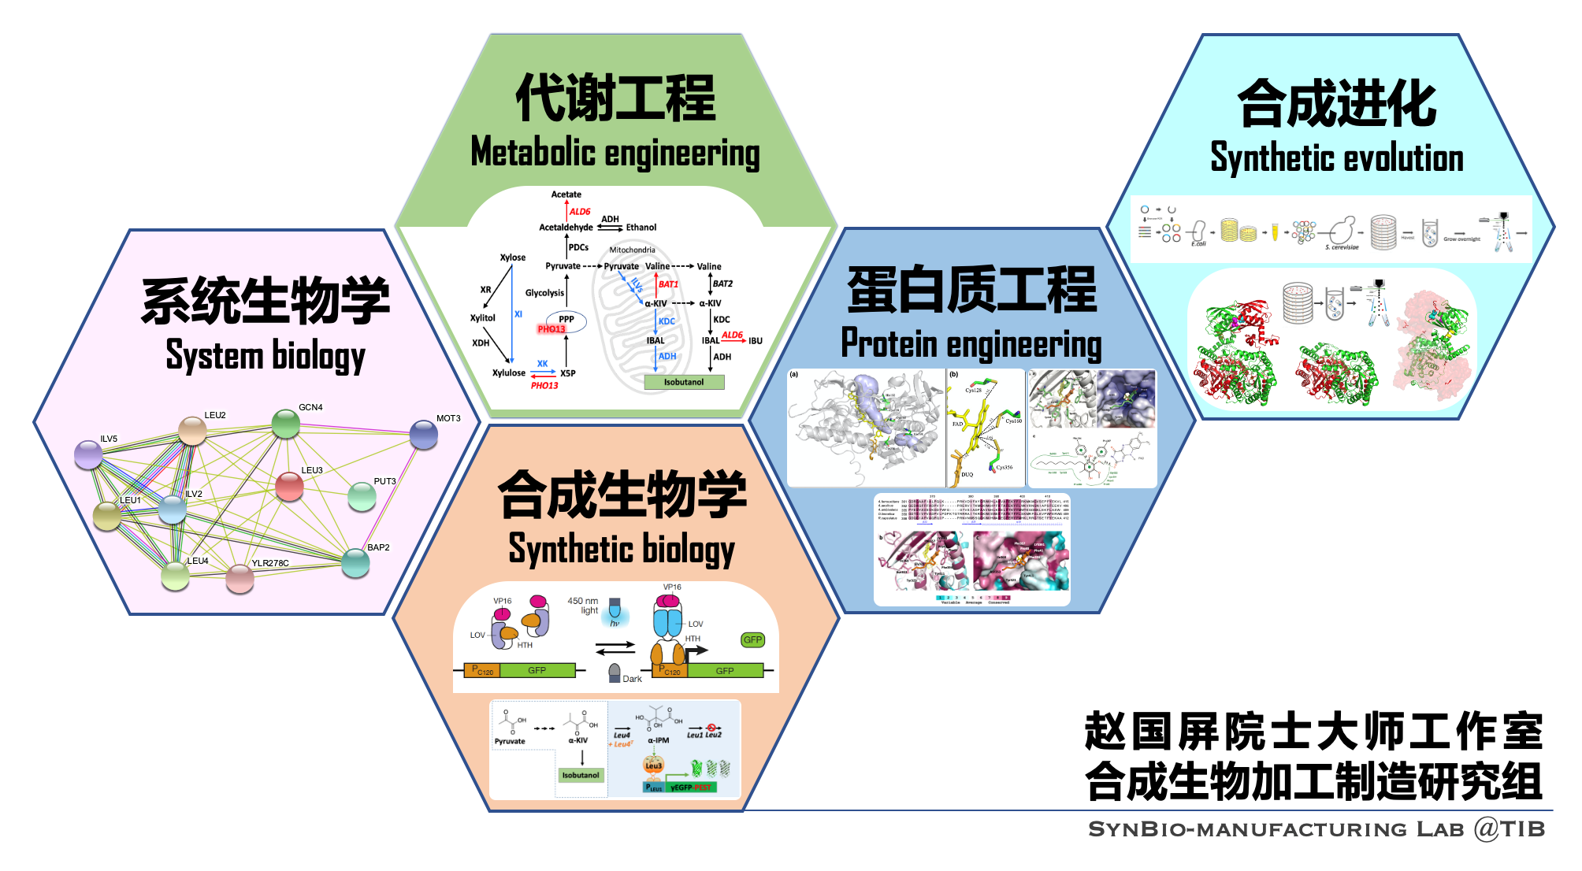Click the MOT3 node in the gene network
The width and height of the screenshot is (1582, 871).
(x=424, y=435)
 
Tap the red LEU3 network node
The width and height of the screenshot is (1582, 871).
(x=289, y=487)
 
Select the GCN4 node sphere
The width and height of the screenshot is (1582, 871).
(x=285, y=424)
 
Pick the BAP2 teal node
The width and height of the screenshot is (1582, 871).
(x=355, y=562)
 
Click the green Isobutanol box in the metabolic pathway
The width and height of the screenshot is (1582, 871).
(x=683, y=382)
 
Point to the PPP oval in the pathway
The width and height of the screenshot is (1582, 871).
(x=566, y=320)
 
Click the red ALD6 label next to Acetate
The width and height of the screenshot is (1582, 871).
(x=580, y=212)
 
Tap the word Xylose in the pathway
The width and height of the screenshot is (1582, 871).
(x=512, y=258)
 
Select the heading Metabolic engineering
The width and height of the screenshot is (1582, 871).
(x=615, y=153)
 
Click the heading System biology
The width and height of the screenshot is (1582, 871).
(x=266, y=355)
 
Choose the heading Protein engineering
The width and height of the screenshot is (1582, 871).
(x=971, y=344)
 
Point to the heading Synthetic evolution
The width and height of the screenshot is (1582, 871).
(x=1336, y=158)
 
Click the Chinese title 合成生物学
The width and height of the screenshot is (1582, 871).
(x=622, y=495)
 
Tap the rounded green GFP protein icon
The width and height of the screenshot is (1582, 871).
(x=752, y=639)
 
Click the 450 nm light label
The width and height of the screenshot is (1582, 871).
(x=584, y=605)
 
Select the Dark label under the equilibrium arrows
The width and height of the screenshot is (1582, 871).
(x=632, y=679)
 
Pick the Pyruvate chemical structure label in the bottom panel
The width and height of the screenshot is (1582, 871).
(x=510, y=741)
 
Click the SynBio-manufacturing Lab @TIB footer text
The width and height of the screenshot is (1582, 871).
(x=1316, y=828)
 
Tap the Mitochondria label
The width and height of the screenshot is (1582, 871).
(x=632, y=250)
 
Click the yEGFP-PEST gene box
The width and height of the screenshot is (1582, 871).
(x=691, y=787)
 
